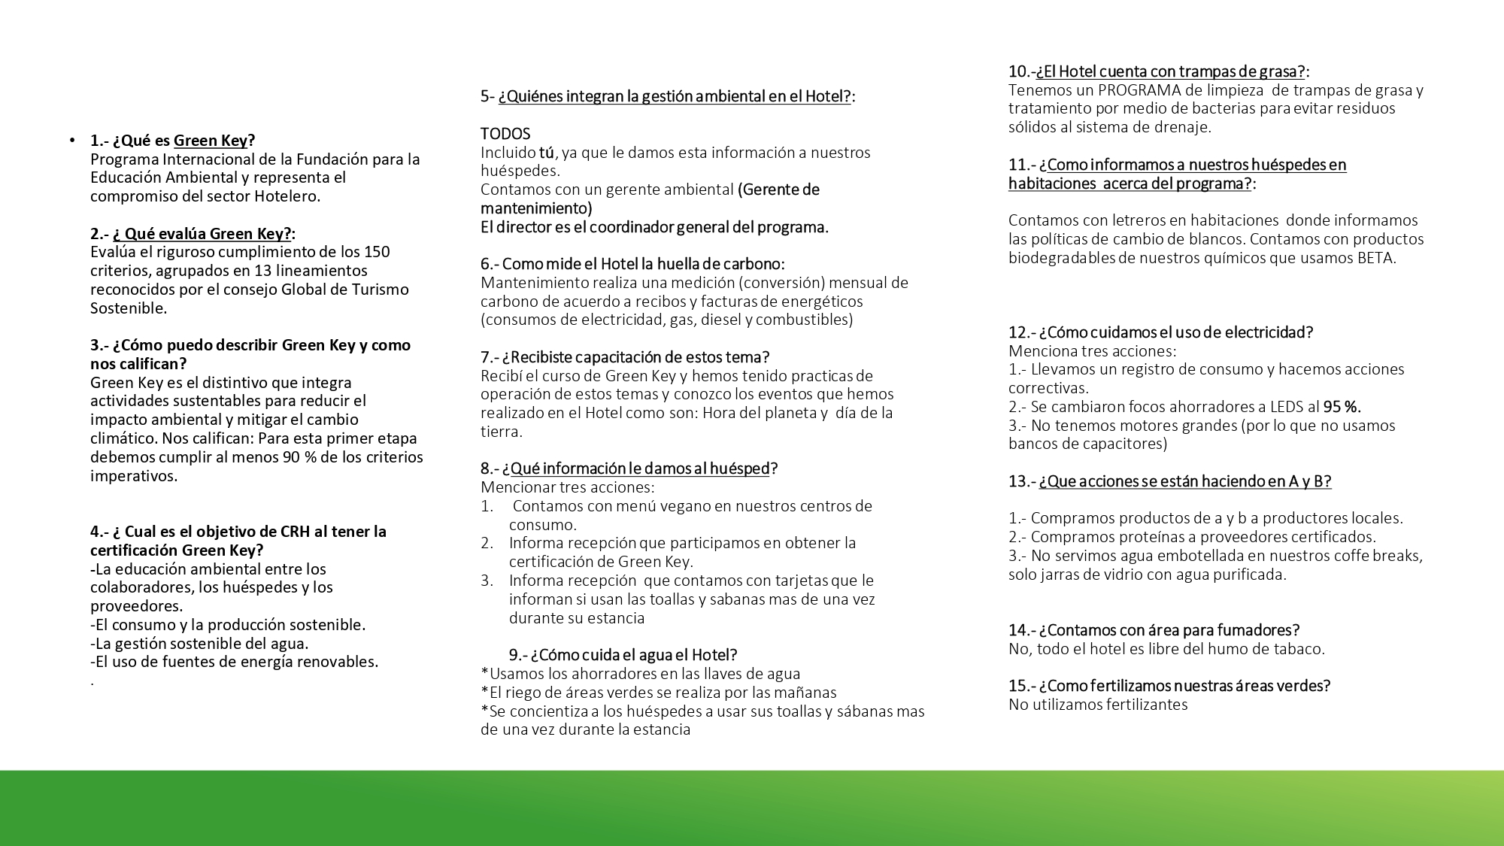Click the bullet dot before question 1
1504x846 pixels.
(x=72, y=140)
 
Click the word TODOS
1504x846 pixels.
(x=505, y=134)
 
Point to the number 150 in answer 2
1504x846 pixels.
(x=377, y=252)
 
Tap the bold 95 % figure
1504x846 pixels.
(x=1342, y=407)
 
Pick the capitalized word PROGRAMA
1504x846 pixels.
(x=1139, y=90)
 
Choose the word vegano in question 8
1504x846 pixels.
(x=686, y=506)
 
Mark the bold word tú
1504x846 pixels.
(x=547, y=153)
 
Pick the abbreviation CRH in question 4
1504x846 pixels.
(x=295, y=532)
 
